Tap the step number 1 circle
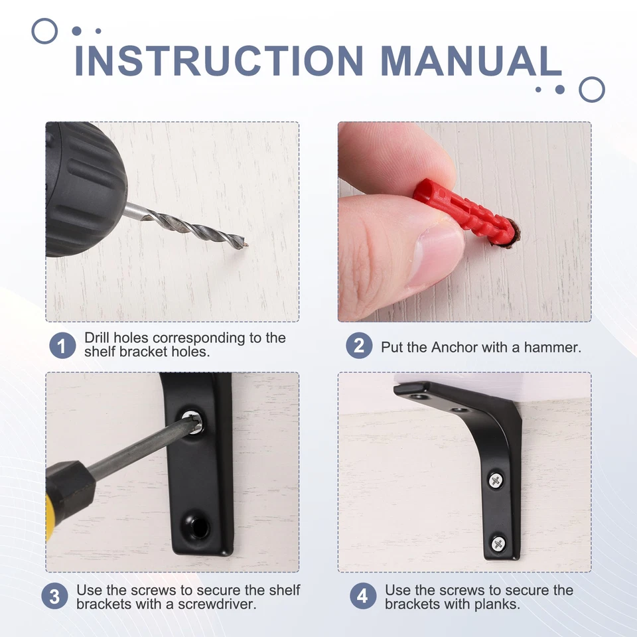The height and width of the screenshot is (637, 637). (62, 346)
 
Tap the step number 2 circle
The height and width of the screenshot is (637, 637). (359, 346)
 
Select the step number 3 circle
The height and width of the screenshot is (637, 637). (54, 596)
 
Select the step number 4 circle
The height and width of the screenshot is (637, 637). (362, 596)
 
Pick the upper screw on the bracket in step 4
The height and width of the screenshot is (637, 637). (496, 479)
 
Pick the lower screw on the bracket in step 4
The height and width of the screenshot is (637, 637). (498, 543)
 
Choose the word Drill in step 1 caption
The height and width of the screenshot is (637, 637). (98, 338)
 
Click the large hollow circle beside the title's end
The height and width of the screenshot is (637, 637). (591, 90)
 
